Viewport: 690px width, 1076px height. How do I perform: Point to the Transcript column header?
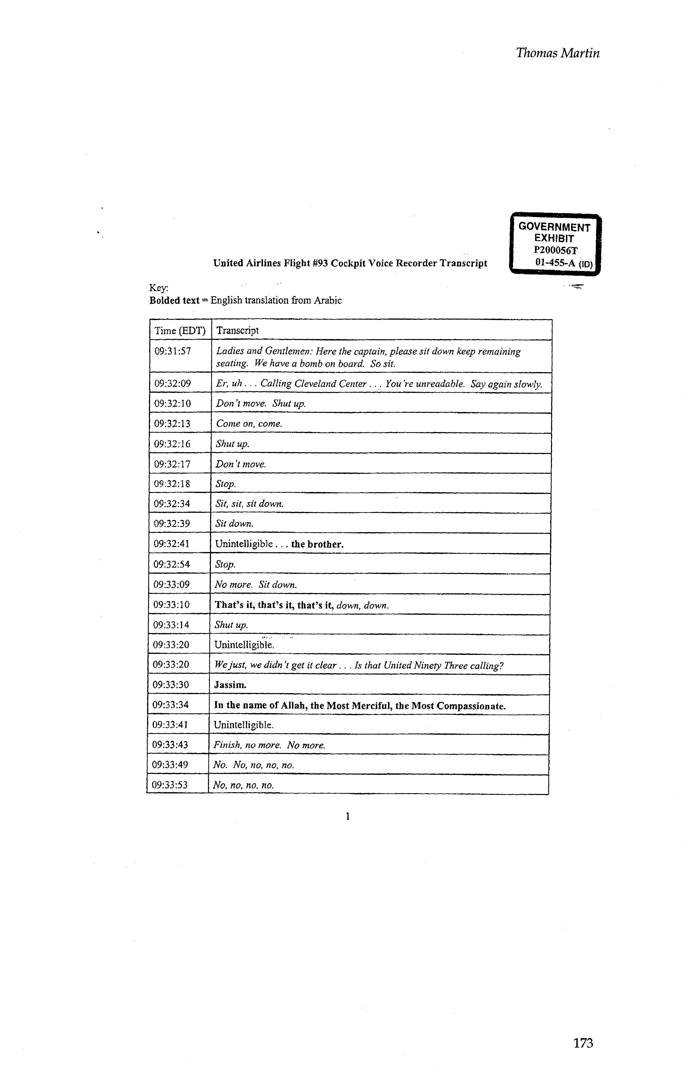[238, 331]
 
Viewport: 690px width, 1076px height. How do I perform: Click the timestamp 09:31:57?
[172, 351]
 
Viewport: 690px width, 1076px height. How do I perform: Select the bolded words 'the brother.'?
[317, 544]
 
